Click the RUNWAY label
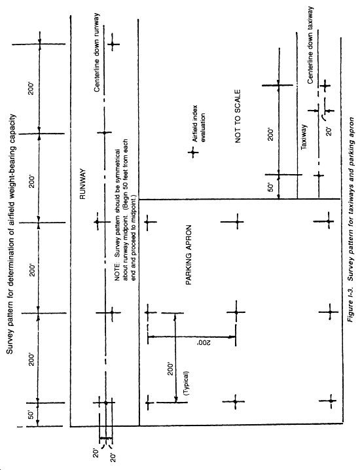83,184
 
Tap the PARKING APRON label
189,255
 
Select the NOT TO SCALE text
238,117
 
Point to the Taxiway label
304,137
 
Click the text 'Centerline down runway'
97,53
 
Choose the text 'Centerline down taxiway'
310,46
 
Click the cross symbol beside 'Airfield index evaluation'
193,153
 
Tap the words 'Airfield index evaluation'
199,124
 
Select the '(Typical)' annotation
187,384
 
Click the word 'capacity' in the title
10,126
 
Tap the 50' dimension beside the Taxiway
270,187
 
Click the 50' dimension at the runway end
31,416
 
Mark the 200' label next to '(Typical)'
171,369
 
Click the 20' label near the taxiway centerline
329,131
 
